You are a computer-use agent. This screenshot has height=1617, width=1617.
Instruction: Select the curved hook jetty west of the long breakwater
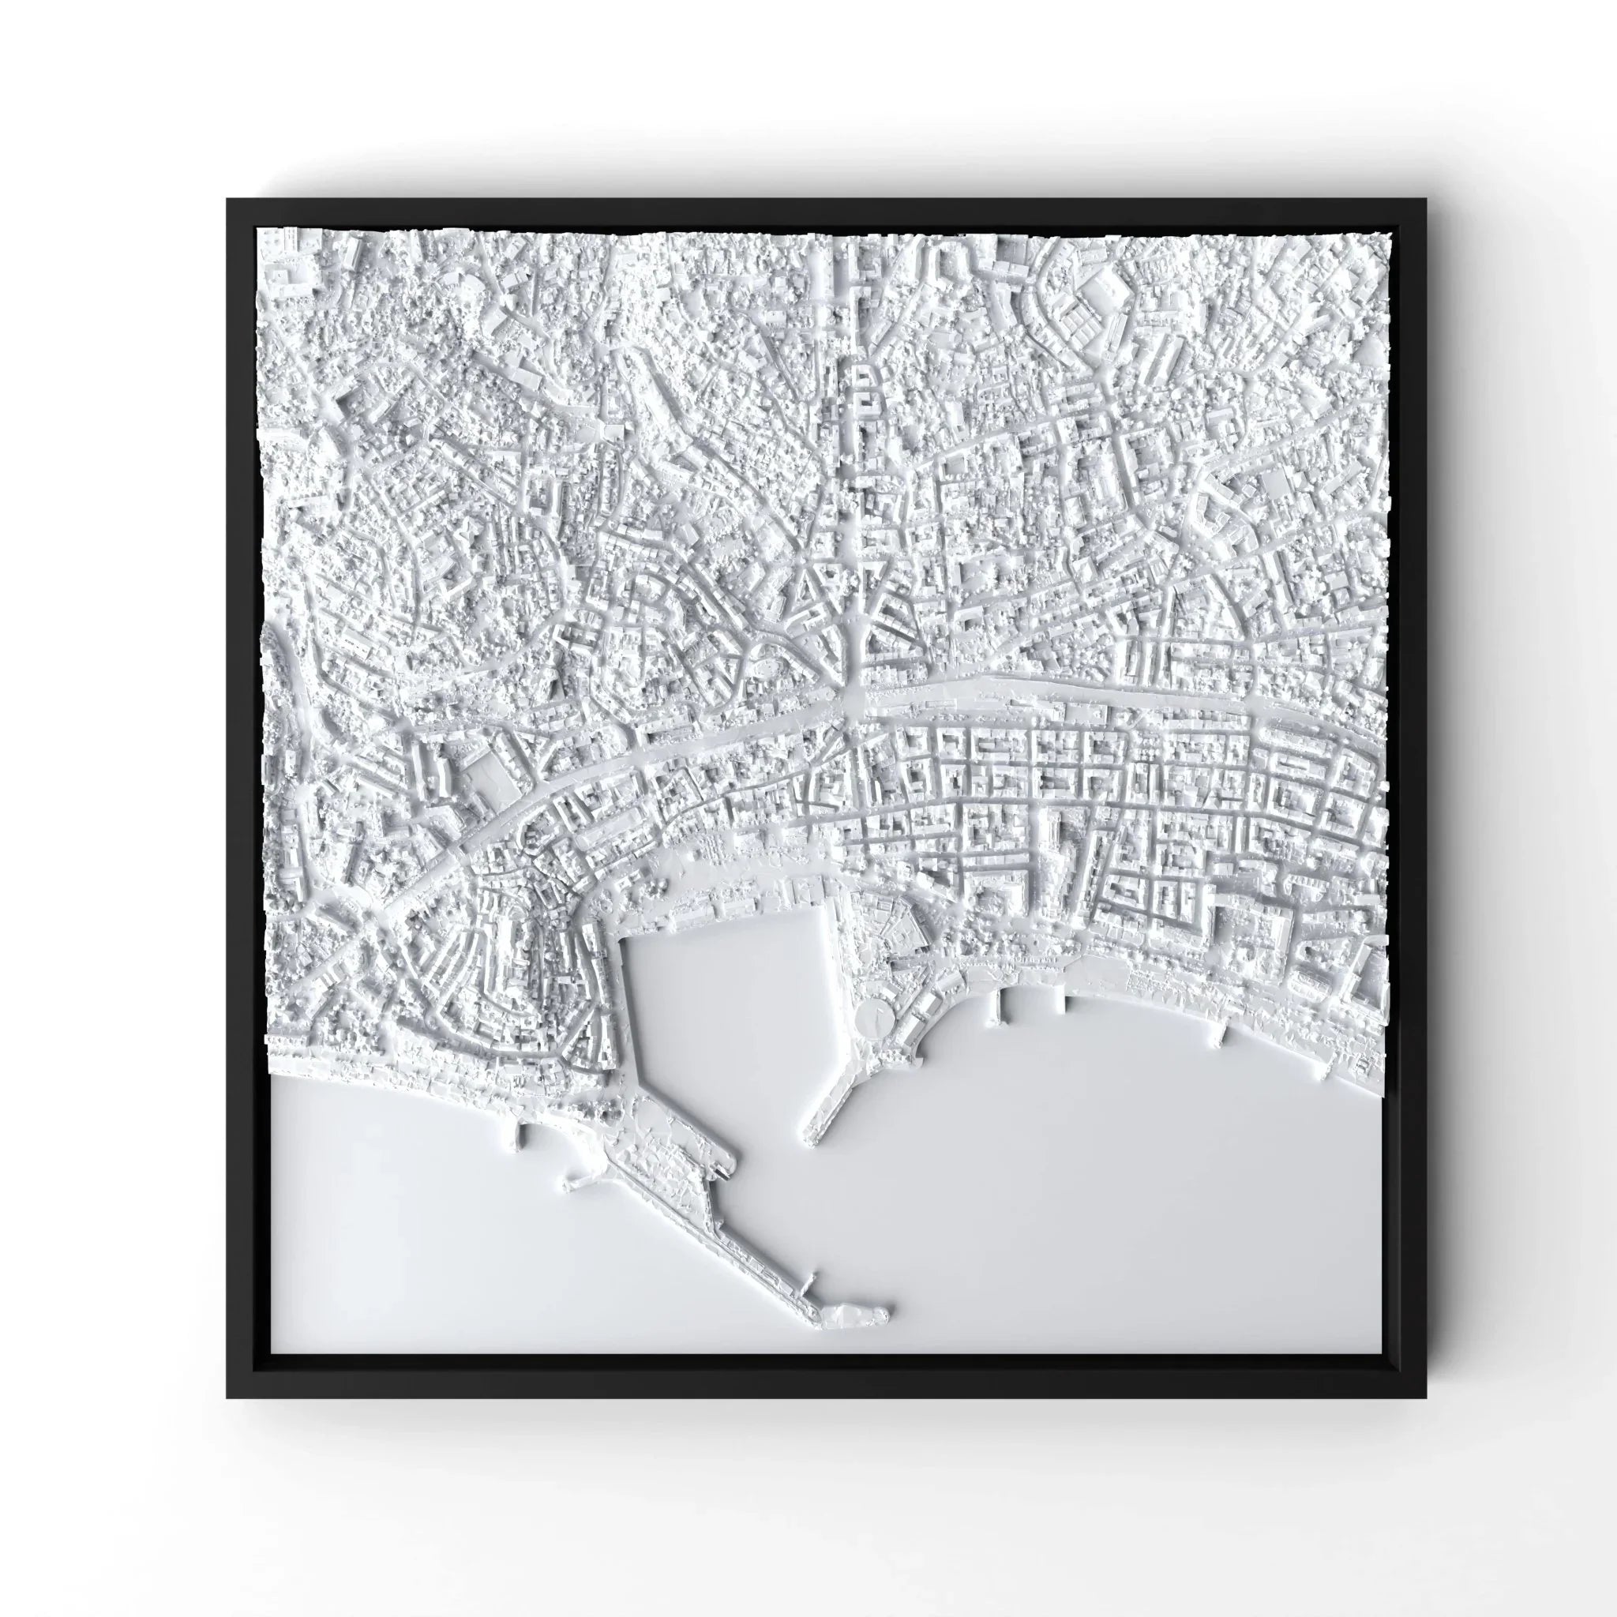(577, 1183)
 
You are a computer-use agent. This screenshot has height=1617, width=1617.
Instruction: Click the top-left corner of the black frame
(227, 199)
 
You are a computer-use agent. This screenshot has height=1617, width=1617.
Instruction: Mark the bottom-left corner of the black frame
(227, 1397)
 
